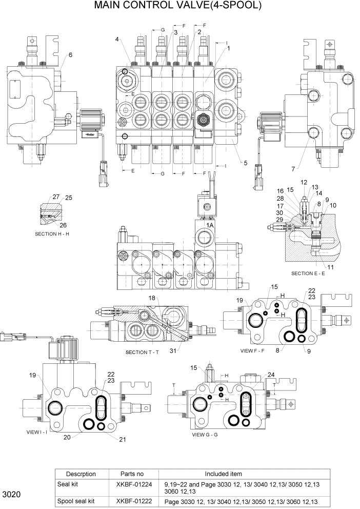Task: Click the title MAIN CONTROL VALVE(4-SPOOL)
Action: point(178,6)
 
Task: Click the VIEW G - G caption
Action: point(206,435)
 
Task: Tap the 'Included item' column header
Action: point(224,474)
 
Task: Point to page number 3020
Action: point(11,495)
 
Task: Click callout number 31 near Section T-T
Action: point(173,350)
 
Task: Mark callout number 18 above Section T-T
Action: point(152,298)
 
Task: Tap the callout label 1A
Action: point(210,225)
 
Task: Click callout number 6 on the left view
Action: point(70,55)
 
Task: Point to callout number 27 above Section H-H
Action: point(55,197)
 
